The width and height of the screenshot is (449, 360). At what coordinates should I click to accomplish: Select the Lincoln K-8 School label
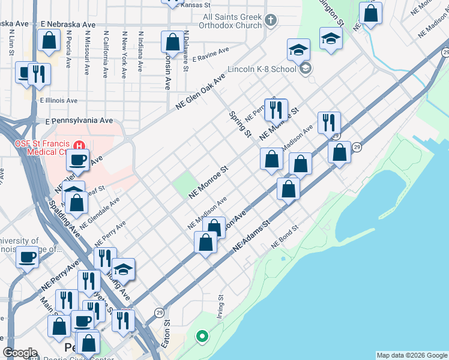pyautogui.click(x=261, y=68)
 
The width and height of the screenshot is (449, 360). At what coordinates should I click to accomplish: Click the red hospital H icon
pyautogui.click(x=78, y=145)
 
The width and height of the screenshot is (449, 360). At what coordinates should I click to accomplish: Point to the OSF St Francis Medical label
pyautogui.click(x=41, y=147)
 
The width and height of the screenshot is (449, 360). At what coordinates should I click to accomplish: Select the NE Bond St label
pyautogui.click(x=284, y=238)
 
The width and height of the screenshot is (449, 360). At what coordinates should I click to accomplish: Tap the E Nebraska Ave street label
pyautogui.click(x=68, y=25)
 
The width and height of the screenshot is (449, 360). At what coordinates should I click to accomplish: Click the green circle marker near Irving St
pyautogui.click(x=203, y=336)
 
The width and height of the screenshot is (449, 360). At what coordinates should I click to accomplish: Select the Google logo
pyautogui.click(x=20, y=353)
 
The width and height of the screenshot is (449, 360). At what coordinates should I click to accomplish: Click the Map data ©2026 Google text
pyautogui.click(x=411, y=355)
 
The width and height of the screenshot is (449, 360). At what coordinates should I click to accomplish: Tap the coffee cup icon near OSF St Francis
pyautogui.click(x=77, y=160)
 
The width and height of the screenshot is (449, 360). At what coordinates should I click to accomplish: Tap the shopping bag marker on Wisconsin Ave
pyautogui.click(x=172, y=43)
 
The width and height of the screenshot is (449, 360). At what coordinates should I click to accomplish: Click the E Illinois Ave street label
pyautogui.click(x=59, y=101)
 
